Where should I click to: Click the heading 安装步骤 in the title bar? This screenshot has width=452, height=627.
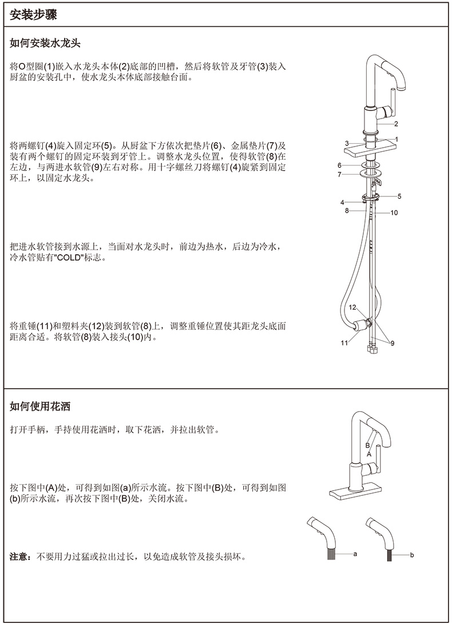coord(33,15)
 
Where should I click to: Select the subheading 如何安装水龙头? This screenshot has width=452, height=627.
coord(45,43)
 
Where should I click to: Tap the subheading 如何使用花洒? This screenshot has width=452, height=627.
coord(40,407)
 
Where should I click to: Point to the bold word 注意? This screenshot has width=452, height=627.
coord(18,556)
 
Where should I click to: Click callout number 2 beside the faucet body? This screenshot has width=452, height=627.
coord(396,124)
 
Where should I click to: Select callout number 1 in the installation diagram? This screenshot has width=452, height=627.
coord(396,139)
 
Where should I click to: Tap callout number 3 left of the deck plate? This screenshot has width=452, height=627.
coord(347,143)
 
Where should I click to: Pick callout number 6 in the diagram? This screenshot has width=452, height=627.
coord(340,165)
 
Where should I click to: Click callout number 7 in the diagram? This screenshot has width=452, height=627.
coord(340,175)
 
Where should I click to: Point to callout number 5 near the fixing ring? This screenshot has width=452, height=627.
coord(399,196)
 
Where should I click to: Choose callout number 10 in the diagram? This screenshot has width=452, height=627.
coord(394,213)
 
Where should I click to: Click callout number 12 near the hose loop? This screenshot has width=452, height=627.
coord(352,307)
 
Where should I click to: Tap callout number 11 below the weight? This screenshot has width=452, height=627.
coord(344,342)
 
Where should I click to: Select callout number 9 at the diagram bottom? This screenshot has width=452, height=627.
coord(392,342)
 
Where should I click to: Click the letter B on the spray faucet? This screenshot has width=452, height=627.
coord(367,445)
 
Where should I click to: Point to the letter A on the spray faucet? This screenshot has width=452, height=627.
coord(369,454)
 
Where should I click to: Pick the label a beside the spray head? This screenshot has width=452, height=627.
coord(355,554)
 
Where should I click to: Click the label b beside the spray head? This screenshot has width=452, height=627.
coord(412,555)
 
